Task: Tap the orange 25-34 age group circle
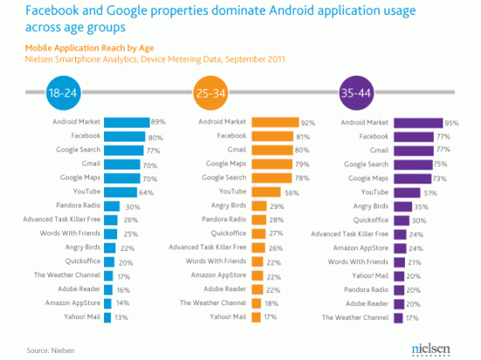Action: tap(210, 92)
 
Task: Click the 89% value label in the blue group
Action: tap(159, 123)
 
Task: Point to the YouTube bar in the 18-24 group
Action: tap(122, 191)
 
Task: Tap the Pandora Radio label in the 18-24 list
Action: tap(78, 205)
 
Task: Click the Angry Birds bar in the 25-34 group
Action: tap(257, 205)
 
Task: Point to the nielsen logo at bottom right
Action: tap(432, 347)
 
